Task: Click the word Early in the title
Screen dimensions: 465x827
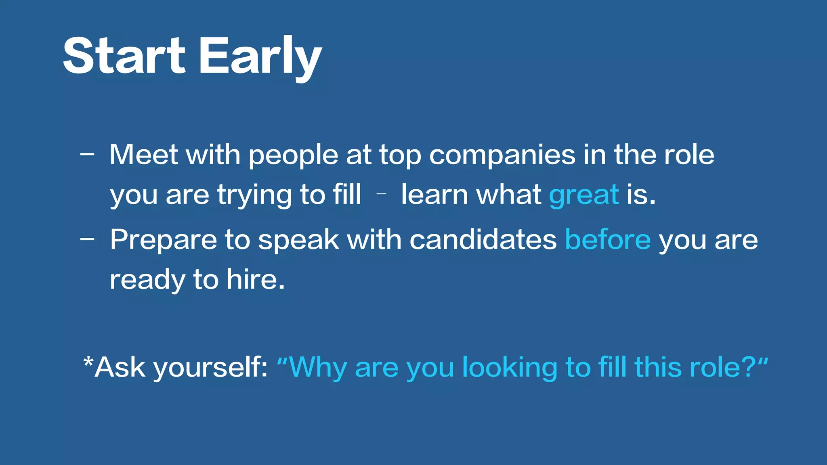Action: click(x=260, y=57)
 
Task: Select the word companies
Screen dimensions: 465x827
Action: click(x=502, y=155)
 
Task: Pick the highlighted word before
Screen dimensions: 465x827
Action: click(x=608, y=239)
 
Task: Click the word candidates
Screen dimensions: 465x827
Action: click(x=483, y=239)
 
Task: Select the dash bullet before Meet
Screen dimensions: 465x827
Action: click(x=87, y=154)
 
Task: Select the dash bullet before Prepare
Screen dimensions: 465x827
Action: click(x=87, y=239)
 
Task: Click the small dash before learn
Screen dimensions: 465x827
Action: click(x=381, y=194)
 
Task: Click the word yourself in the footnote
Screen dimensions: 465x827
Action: click(x=210, y=368)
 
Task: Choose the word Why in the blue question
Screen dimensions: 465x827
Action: click(x=318, y=368)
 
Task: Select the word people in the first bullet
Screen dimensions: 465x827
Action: click(x=293, y=156)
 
